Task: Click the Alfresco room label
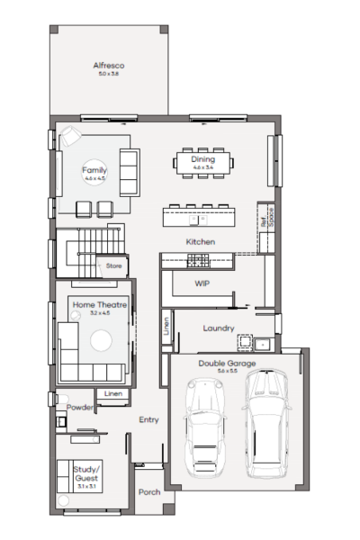click(108, 66)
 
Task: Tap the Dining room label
click(202, 159)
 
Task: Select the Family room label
click(94, 169)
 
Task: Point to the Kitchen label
click(200, 242)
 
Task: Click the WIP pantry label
click(202, 283)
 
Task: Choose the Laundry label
click(219, 328)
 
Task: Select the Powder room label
click(80, 407)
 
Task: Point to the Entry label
click(148, 419)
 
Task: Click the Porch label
click(149, 492)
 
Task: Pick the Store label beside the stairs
click(113, 266)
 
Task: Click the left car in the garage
click(203, 429)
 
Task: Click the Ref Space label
click(265, 216)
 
